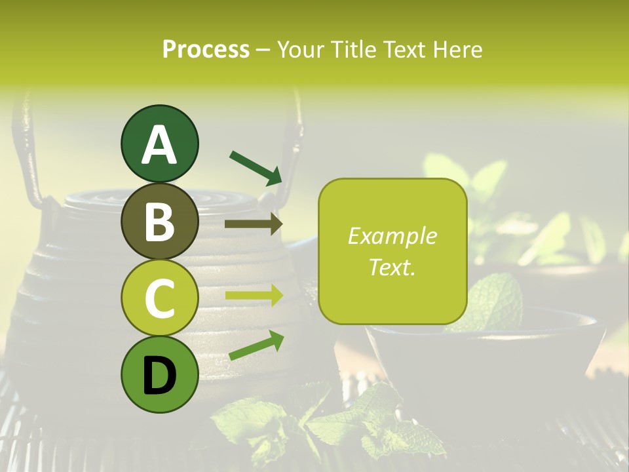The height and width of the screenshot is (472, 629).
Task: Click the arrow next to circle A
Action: pos(255,167)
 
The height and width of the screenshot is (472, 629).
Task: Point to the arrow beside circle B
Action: pos(253,224)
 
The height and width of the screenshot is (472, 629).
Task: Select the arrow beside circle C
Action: pos(254,296)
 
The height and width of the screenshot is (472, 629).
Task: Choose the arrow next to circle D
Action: pos(256,345)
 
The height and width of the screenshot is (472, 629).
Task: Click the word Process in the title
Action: pos(206,49)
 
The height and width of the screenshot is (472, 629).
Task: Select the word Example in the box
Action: pos(392,236)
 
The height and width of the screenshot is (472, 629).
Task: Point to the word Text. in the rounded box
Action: pos(392,267)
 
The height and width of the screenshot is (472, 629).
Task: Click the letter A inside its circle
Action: pos(159,145)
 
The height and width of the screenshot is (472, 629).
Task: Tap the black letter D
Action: pos(159,376)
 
